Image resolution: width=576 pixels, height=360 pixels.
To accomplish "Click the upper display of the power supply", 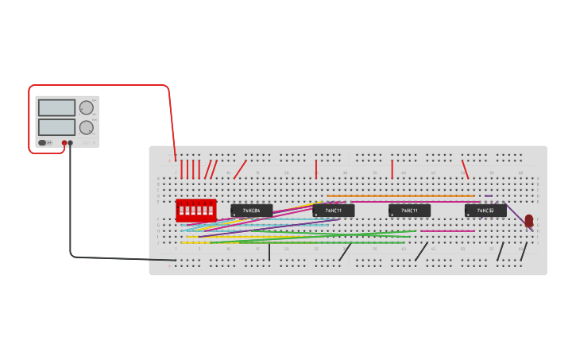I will (56, 107).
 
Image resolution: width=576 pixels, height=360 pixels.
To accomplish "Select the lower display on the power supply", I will (56, 126).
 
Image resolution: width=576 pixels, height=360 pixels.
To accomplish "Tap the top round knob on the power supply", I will (86, 107).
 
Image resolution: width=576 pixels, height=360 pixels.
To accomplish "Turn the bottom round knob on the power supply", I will (86, 127).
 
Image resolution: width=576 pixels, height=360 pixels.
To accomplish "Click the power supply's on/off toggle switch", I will (42, 143).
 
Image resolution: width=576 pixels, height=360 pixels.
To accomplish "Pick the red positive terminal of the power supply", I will (64, 143).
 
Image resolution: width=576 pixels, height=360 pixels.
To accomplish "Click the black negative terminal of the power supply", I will (71, 143).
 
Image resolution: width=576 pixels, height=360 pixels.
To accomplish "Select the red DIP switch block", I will (195, 211).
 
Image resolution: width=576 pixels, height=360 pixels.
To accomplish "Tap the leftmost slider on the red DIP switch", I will (181, 211).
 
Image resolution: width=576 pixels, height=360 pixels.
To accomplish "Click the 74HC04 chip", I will (251, 211).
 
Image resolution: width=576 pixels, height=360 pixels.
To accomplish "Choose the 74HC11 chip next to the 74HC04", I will (333, 211).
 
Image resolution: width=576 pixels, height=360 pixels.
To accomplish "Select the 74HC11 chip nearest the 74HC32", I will (409, 211).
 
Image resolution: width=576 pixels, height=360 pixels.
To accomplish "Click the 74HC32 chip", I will (485, 211).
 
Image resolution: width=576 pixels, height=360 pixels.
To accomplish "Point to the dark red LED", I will (529, 221).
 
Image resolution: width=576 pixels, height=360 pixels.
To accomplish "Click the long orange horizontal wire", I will (401, 196).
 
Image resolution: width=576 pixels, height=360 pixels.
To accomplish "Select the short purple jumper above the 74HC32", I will (489, 196).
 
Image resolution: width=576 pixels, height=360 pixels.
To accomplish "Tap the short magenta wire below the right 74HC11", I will (447, 231).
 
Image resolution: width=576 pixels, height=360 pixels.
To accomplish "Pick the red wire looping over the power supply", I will (99, 85).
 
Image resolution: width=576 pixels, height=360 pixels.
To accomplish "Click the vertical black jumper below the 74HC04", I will (269, 252).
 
